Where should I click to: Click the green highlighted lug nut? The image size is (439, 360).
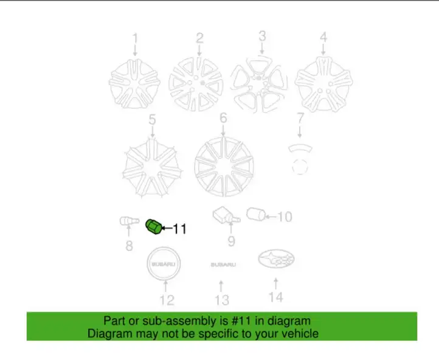point(154,226)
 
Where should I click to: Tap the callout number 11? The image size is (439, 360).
point(180,229)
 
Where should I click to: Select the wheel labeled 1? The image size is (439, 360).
point(134,84)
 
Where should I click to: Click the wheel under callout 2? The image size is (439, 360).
point(196,85)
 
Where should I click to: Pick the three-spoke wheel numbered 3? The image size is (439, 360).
point(259,83)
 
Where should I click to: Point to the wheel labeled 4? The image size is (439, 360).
point(323,84)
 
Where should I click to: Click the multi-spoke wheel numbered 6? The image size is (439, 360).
point(224,167)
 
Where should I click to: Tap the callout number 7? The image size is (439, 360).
point(300,118)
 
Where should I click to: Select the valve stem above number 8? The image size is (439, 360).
point(129,221)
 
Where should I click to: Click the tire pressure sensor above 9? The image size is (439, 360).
point(226,215)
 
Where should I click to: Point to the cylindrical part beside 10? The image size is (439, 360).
point(256,215)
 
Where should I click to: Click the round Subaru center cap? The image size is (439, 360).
point(164,264)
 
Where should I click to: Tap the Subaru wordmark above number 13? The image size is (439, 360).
point(223,265)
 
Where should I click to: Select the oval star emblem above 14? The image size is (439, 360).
point(276,259)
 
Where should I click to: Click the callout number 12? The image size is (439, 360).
point(167,300)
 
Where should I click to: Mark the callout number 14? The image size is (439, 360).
point(276,297)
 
